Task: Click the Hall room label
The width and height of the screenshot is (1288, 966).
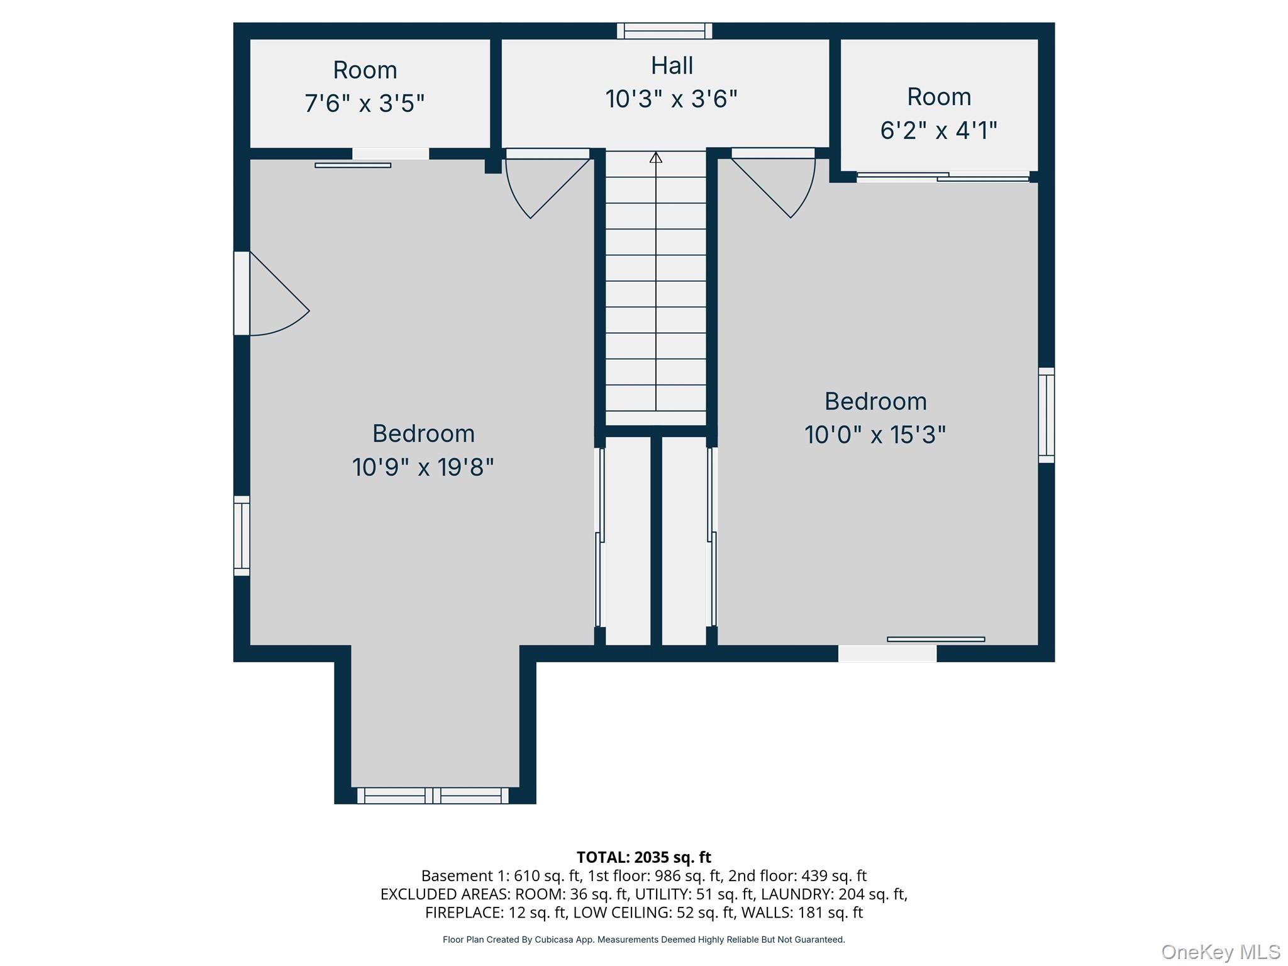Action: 672,66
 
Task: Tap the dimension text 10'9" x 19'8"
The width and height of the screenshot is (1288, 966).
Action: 423,467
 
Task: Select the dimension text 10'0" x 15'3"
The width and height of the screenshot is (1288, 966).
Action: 875,435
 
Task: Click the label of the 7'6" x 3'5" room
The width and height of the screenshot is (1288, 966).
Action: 365,70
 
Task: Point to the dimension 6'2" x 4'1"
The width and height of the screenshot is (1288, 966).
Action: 938,131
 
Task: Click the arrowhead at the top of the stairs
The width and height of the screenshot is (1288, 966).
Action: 656,157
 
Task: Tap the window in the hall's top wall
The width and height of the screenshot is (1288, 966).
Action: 664,31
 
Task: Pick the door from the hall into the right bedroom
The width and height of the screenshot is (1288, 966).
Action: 777,182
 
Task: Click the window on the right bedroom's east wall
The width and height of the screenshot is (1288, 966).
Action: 1046,415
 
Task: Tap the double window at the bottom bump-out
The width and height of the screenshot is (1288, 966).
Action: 433,796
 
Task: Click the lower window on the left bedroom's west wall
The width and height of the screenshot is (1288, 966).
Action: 241,536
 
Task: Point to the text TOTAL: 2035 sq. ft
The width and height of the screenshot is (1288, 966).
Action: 643,857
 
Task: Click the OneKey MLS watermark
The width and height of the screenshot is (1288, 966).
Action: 1220,952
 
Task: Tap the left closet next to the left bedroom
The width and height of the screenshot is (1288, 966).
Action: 627,541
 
